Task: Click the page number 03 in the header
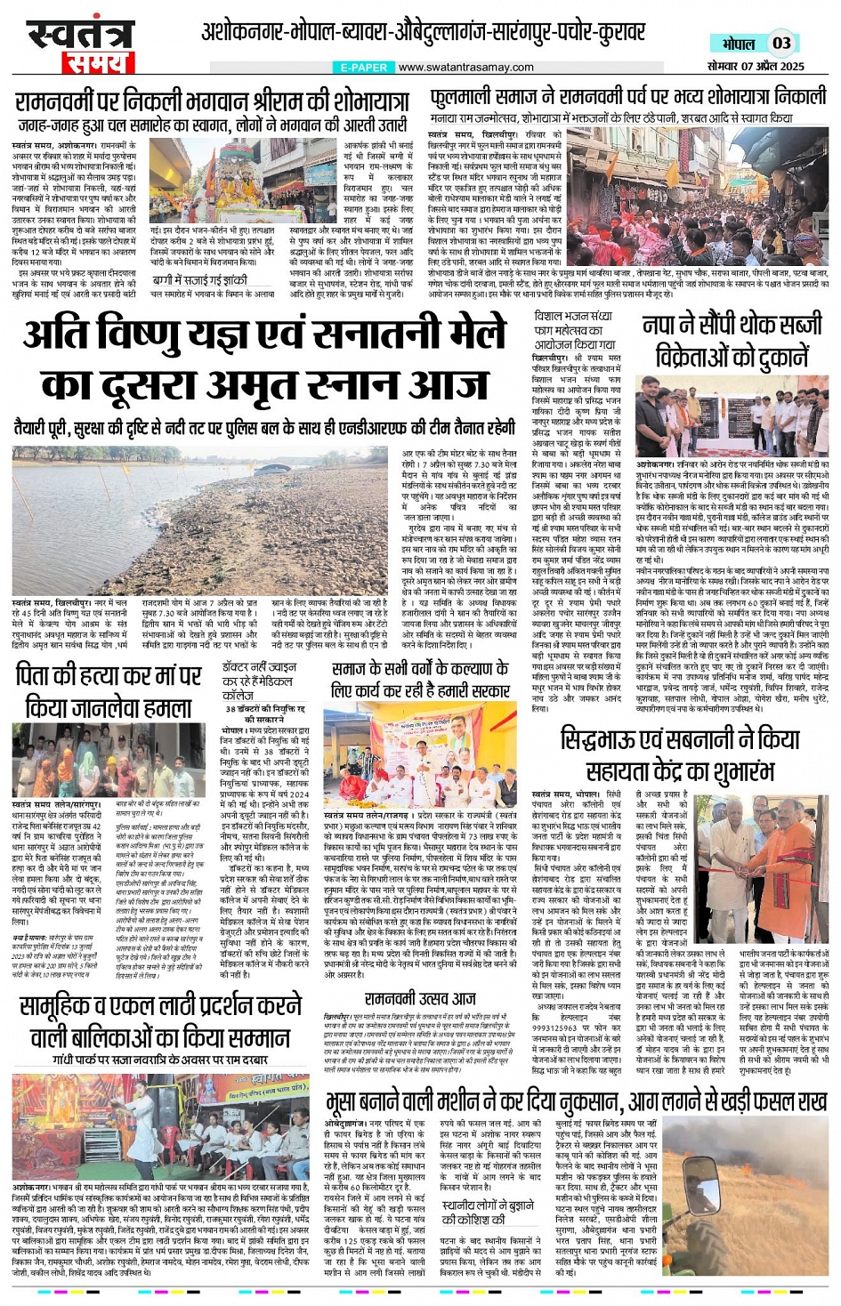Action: [781, 43]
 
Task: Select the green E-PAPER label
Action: [364, 68]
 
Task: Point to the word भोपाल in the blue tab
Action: [738, 44]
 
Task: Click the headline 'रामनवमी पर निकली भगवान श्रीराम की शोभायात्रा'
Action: [212, 100]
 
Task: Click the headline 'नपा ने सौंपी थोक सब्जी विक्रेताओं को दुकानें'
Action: [732, 341]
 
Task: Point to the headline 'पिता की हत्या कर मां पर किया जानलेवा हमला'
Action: [109, 691]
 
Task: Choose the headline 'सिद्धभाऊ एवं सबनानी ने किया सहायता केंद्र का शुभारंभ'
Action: [680, 754]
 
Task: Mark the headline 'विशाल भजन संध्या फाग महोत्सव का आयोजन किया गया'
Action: [574, 330]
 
